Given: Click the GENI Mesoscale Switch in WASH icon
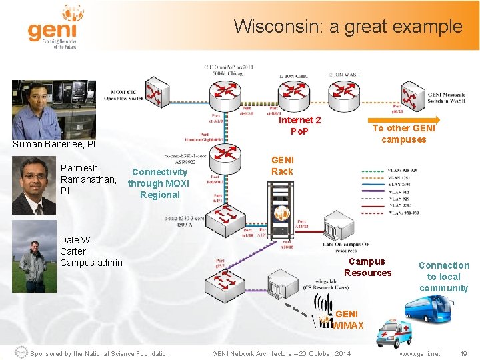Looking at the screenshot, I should [412, 98].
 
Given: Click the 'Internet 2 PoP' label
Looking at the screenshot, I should [299, 125].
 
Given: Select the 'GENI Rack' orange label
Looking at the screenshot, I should [282, 165].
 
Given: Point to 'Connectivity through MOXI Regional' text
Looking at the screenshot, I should [159, 183].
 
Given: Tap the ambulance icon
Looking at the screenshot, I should [396, 332].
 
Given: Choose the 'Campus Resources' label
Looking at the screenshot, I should [367, 267].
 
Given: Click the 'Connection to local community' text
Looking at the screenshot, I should [444, 277].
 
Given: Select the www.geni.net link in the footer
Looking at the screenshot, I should [419, 353].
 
